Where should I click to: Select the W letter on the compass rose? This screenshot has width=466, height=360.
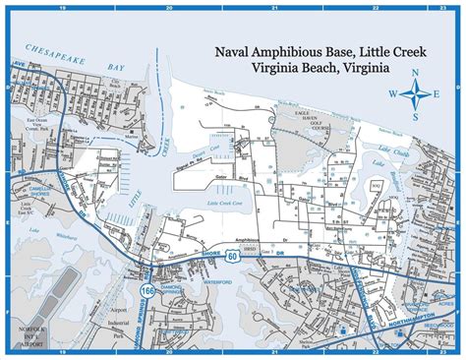point(393,95)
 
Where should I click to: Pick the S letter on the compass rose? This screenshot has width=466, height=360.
point(417,117)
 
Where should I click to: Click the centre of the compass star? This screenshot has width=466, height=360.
point(418,95)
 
